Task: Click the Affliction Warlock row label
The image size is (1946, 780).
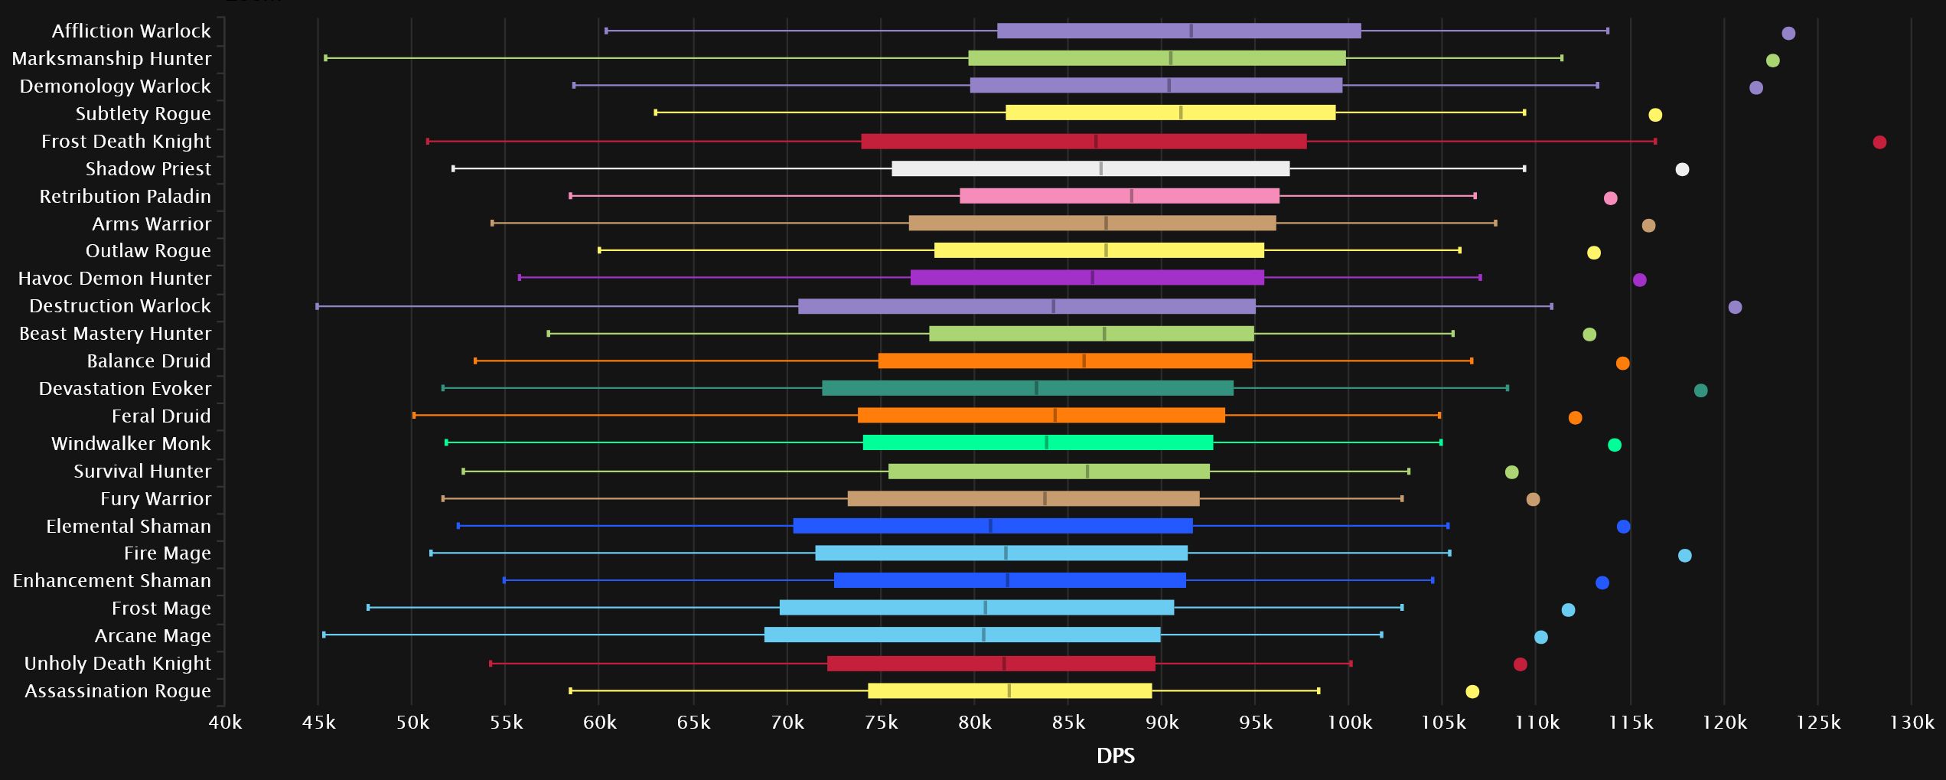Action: pyautogui.click(x=131, y=31)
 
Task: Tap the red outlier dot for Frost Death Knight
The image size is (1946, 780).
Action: pyautogui.click(x=1879, y=142)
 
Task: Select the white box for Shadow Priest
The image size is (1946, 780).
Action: pyautogui.click(x=1090, y=168)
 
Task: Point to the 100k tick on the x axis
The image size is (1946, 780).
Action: pyautogui.click(x=1349, y=722)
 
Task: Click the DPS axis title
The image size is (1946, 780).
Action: pyautogui.click(x=1115, y=756)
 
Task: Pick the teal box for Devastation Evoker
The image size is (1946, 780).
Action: pyautogui.click(x=1027, y=388)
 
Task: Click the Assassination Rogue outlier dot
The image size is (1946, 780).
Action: pyautogui.click(x=1472, y=692)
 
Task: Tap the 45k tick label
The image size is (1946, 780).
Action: pyautogui.click(x=318, y=722)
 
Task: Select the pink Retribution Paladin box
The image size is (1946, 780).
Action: pyautogui.click(x=1119, y=196)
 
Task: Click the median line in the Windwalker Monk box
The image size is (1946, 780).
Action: pyautogui.click(x=1047, y=442)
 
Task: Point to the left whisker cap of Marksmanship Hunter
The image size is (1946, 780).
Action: pyautogui.click(x=326, y=58)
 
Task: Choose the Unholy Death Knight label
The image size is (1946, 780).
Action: pyautogui.click(x=117, y=663)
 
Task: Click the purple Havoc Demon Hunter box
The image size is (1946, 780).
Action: pyautogui.click(x=1087, y=278)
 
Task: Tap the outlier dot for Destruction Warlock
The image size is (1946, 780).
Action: pyautogui.click(x=1735, y=307)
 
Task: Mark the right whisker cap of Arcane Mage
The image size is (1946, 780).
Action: pyautogui.click(x=1381, y=635)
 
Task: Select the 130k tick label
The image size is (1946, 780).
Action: pyautogui.click(x=1911, y=722)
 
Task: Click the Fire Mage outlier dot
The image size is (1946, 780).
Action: pyautogui.click(x=1684, y=556)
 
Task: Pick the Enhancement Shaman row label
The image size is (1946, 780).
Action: pyautogui.click(x=112, y=580)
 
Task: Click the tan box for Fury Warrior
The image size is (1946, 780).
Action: pyautogui.click(x=1023, y=498)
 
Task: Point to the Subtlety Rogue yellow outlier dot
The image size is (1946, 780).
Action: pyautogui.click(x=1655, y=115)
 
